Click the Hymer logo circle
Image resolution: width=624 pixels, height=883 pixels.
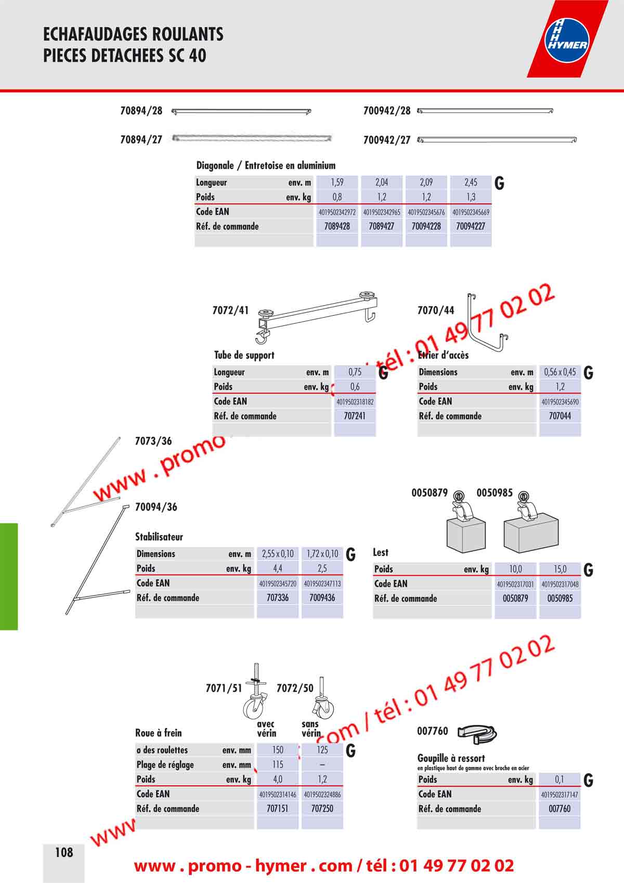tap(566, 40)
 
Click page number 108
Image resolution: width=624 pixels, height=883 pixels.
tap(64, 852)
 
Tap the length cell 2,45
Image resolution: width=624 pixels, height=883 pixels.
tap(471, 183)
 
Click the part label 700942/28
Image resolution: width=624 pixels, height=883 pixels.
tap(387, 111)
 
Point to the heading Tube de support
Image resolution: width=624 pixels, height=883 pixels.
tap(244, 355)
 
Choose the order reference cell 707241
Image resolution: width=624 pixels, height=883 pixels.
tap(355, 416)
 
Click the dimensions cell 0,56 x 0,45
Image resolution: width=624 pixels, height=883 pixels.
tap(560, 372)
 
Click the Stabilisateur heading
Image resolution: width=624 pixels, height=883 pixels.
tap(159, 537)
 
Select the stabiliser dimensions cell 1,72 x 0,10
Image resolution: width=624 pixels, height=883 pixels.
tap(322, 554)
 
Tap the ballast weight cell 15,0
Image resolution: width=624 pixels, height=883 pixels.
tap(560, 569)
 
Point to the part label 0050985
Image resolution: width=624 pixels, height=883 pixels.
tap(495, 493)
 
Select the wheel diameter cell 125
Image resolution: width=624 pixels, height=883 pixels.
tap(322, 750)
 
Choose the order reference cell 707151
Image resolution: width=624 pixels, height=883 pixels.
tap(278, 809)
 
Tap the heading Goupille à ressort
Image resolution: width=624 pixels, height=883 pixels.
tap(451, 758)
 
